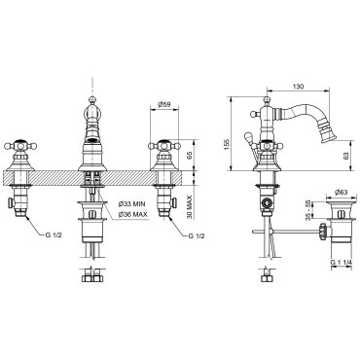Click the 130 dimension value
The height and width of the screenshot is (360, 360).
pyautogui.click(x=298, y=87)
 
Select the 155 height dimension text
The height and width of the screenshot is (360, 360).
pyautogui.click(x=227, y=143)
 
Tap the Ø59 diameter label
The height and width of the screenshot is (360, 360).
pyautogui.click(x=164, y=104)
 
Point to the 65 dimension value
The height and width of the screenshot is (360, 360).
pyautogui.click(x=190, y=155)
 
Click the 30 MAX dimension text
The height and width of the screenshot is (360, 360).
pyautogui.click(x=190, y=207)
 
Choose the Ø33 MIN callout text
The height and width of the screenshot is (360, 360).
pyautogui.click(x=131, y=204)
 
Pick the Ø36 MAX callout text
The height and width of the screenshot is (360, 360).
pyautogui.click(x=133, y=214)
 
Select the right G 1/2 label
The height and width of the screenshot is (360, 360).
pyautogui.click(x=197, y=235)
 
